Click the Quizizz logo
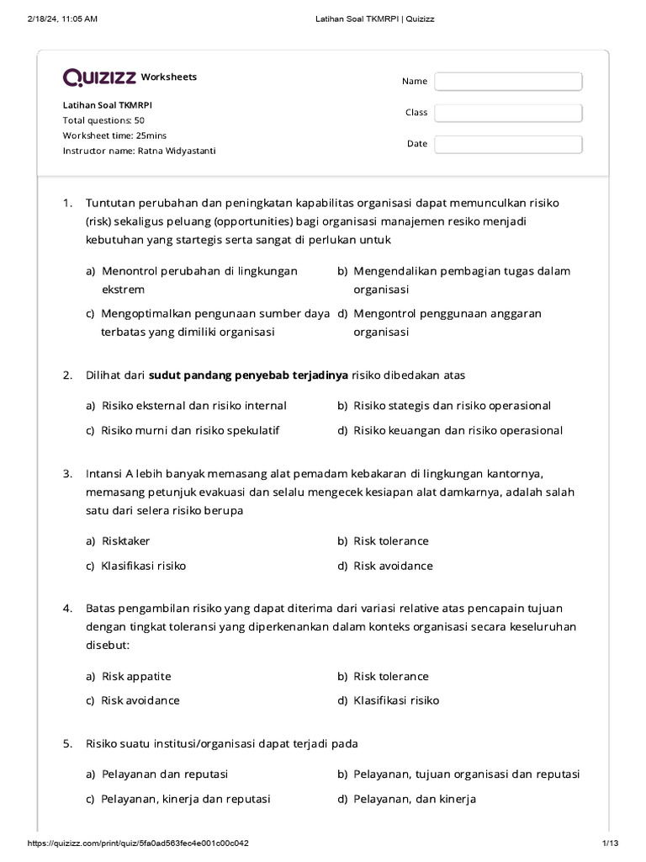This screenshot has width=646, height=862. click(x=99, y=77)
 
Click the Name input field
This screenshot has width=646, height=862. click(x=508, y=81)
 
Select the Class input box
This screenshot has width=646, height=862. click(x=508, y=113)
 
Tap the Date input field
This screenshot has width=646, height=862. click(x=508, y=144)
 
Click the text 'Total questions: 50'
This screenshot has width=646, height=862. click(x=103, y=120)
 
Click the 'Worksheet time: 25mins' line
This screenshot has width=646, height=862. click(x=114, y=136)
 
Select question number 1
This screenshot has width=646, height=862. click(x=68, y=203)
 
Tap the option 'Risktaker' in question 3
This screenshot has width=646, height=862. click(x=125, y=540)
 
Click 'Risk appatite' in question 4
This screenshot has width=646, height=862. click(x=135, y=676)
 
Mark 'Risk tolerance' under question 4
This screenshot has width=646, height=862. click(x=390, y=676)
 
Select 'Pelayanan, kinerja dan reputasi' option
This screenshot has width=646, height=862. click(x=185, y=799)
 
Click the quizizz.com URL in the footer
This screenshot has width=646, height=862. click(x=139, y=843)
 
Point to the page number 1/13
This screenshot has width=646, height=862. click(x=610, y=843)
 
